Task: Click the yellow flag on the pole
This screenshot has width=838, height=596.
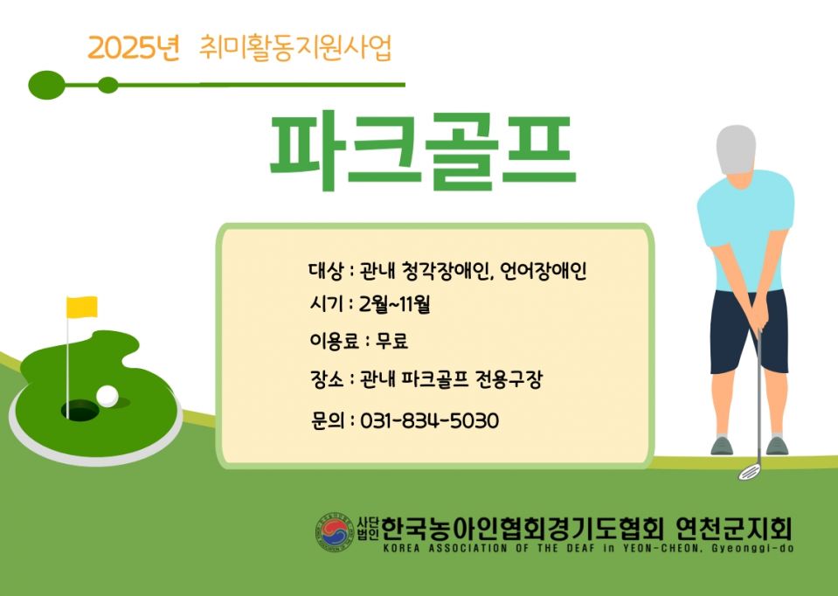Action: pos(83,307)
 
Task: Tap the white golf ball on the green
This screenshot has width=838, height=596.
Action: pos(107,396)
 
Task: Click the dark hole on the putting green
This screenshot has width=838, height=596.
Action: pos(80,409)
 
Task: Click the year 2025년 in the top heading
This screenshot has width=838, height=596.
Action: pos(133,48)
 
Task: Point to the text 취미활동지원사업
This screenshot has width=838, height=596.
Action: pos(296,46)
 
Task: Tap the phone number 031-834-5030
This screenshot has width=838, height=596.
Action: pos(429,421)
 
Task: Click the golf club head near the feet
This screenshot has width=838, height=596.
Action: pos(749,472)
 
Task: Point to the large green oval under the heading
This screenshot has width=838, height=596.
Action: pos(46,85)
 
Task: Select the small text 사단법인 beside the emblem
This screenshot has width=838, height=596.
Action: pos(368,528)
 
